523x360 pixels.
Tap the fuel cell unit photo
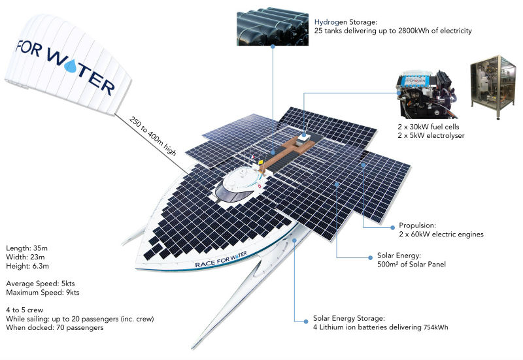428,95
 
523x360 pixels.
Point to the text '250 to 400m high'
152,136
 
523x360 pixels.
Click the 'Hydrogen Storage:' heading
346,22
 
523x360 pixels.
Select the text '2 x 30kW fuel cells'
428,127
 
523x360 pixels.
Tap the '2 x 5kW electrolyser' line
431,135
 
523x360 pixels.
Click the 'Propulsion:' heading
417,225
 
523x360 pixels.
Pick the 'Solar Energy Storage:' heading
349,318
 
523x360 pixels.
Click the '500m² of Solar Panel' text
411,265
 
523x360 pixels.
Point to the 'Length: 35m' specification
27,248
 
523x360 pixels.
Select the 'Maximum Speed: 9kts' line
42,292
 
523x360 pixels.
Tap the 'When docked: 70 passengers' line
55,327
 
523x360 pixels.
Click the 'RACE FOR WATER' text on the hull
221,259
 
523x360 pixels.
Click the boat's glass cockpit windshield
231,194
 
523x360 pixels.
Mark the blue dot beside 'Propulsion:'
393,227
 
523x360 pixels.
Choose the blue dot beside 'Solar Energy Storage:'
306,321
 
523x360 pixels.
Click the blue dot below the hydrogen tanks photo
273,46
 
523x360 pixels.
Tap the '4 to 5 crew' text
24,310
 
